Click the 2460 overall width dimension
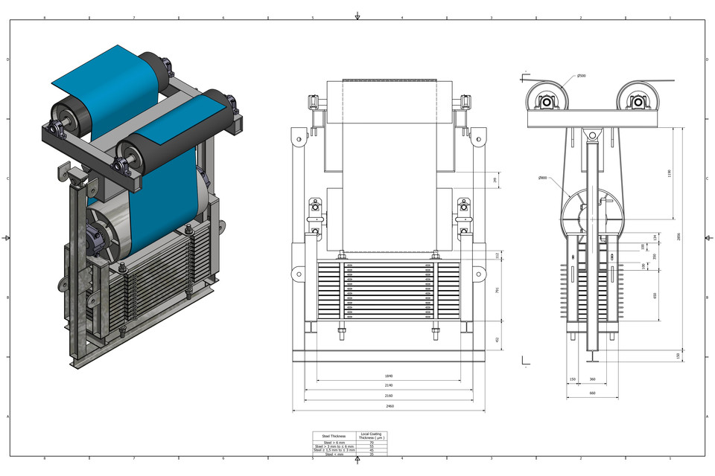(388, 407)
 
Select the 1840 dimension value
(388, 376)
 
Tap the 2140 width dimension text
(388, 386)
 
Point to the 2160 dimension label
(388, 396)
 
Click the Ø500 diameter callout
(581, 76)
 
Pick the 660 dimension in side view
(592, 393)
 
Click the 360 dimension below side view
(592, 379)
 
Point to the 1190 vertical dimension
(670, 173)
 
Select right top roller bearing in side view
(638, 101)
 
